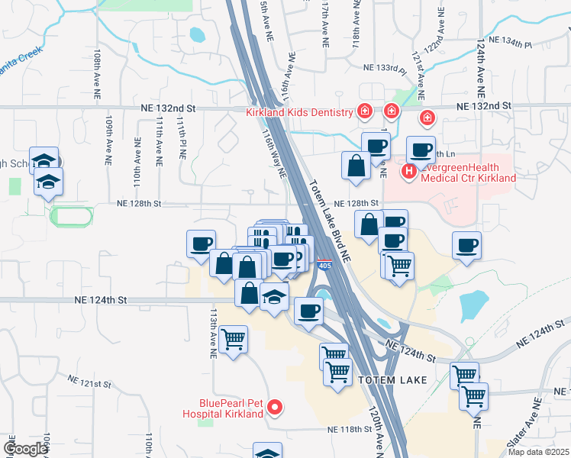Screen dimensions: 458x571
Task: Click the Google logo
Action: pos(26,449)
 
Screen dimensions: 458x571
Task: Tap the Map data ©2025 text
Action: pos(538,452)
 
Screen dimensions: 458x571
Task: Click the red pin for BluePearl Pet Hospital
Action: pos(277,408)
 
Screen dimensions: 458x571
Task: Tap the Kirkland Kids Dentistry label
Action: pos(298,112)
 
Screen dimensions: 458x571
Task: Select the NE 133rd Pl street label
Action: pos(384,69)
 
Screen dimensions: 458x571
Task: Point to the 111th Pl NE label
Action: pos(183,139)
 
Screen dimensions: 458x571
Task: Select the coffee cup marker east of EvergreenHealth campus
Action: pos(466,246)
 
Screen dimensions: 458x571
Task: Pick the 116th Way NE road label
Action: pos(273,153)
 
